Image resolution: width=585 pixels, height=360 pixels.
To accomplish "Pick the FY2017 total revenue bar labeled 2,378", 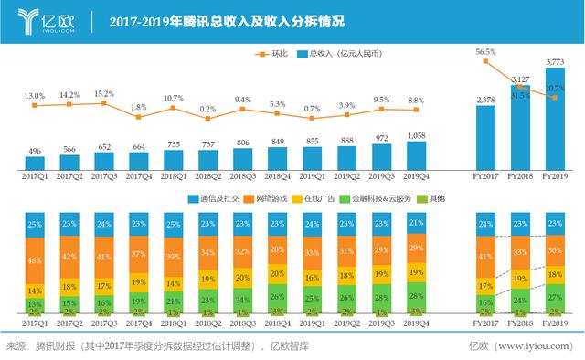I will click(486, 137).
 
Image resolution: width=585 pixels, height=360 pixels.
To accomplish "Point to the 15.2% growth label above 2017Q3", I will click(104, 93).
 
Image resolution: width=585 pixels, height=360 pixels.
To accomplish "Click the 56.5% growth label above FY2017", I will click(486, 53).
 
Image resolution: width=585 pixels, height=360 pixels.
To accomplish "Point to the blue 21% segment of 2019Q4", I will click(416, 225).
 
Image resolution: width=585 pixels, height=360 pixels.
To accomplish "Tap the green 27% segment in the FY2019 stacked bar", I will click(554, 297).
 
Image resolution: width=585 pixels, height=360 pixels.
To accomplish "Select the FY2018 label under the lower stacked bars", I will click(520, 323).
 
